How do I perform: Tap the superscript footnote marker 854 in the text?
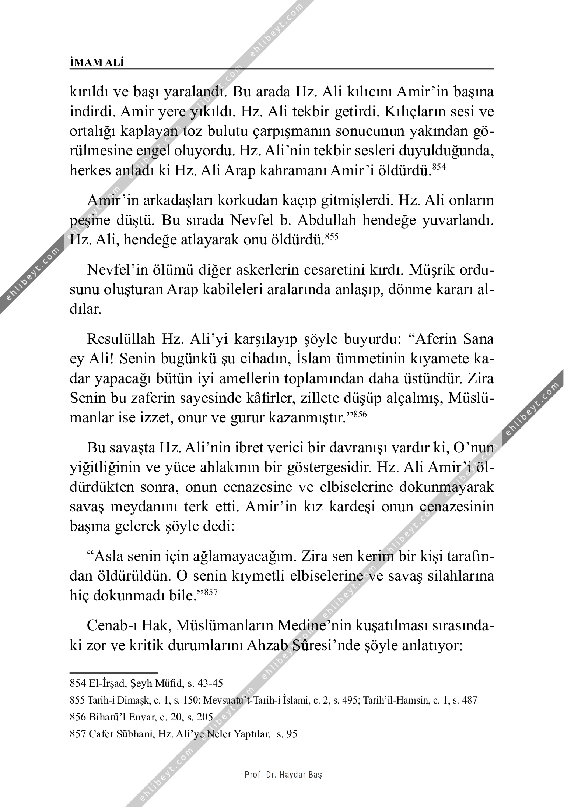click(x=439, y=167)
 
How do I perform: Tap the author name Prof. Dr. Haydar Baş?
click(x=283, y=774)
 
